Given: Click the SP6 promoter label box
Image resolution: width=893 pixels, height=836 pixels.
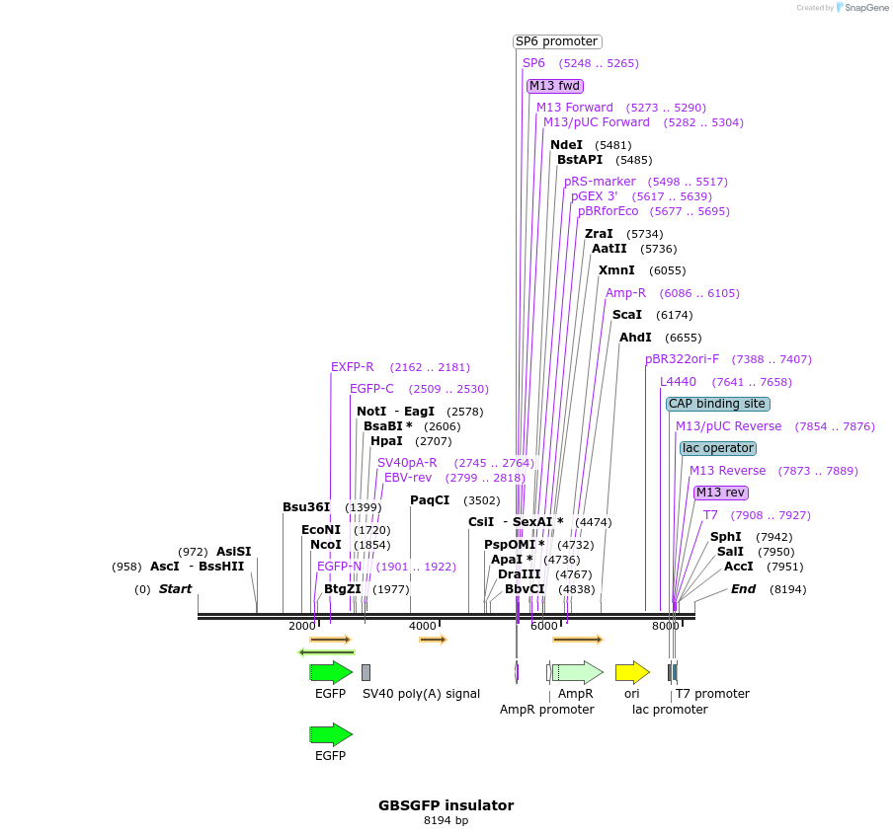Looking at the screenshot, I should point(557,41).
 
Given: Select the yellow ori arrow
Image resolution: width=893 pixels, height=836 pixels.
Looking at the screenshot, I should point(632,673).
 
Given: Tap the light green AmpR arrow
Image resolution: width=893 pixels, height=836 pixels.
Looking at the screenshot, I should point(579,673).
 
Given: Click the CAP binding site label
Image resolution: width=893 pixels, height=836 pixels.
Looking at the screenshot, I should point(717,404).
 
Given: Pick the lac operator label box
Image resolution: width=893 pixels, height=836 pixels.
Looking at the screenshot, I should point(718,448).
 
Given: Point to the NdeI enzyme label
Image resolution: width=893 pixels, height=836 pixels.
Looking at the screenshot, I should point(566,144).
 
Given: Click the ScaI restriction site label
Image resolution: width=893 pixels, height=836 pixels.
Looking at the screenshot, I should point(626,315).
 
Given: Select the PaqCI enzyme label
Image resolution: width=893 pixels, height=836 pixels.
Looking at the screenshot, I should point(430,500).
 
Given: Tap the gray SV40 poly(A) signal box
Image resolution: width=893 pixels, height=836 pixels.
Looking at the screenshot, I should point(365,673).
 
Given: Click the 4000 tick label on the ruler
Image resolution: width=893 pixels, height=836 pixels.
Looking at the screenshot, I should point(423,626).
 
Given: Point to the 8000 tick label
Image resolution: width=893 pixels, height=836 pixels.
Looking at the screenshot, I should point(665,626).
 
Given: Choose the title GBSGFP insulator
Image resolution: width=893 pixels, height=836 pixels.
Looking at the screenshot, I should point(446,805).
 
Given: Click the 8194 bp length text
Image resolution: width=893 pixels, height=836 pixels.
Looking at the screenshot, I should point(446,820).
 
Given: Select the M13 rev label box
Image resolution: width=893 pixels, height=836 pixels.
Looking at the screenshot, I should point(720,493).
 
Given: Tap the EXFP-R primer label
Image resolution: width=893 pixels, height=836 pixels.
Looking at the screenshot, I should point(353,367).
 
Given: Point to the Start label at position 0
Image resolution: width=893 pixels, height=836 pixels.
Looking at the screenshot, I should point(176,589).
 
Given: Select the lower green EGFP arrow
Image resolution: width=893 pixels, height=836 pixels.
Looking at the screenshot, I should point(331,734).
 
